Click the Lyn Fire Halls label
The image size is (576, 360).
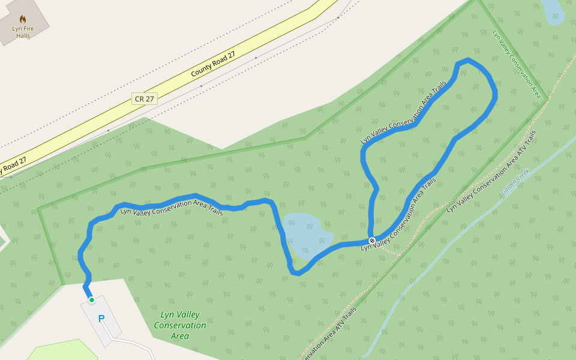click(23, 32)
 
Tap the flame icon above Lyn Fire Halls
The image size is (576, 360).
click(23, 19)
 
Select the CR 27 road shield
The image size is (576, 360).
click(145, 98)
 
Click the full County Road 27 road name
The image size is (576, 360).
click(213, 64)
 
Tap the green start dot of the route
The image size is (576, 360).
click(91, 299)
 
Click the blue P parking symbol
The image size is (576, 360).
click(101, 319)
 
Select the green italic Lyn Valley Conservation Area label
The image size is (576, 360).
click(180, 325)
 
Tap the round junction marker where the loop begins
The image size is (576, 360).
click(372, 241)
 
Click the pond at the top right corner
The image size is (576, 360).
click(552, 11)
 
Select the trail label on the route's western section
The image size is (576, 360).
click(172, 211)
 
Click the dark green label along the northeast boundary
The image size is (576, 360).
click(516, 63)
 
